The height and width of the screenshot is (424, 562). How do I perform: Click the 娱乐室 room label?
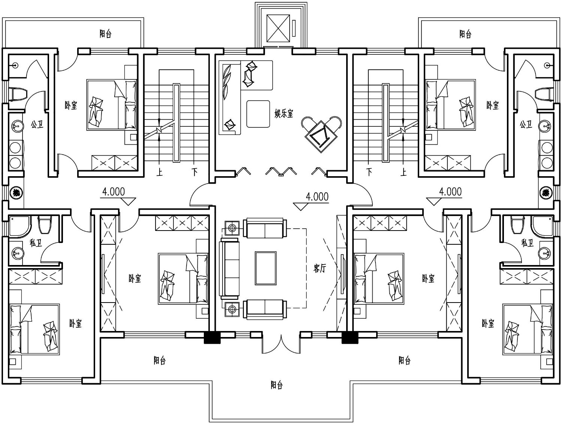coord(284,114)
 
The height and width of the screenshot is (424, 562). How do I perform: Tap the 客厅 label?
coord(320,268)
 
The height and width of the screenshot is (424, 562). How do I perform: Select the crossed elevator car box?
coord(278,28)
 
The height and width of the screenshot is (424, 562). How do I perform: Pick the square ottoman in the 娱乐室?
coord(258,114)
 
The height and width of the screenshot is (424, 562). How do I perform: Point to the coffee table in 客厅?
coord(266,268)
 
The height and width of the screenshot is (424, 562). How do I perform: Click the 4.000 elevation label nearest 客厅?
coord(317,197)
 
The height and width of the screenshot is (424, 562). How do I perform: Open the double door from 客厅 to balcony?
coord(281,344)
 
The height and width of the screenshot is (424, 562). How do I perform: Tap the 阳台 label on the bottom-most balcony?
coord(277,385)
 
